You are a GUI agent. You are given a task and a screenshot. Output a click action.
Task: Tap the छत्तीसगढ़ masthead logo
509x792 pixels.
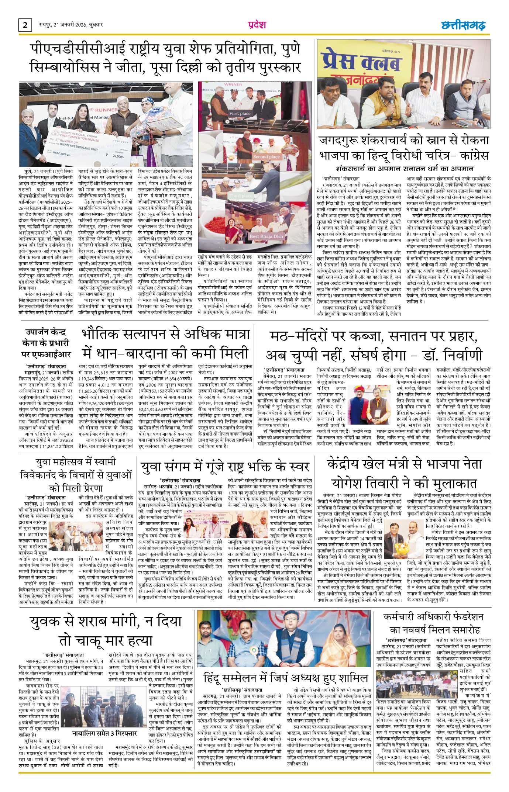pos(464,25)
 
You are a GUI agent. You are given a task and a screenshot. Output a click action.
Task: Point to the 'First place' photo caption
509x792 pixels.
pos(240,113)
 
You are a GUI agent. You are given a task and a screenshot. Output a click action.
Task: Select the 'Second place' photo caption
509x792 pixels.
pos(266,157)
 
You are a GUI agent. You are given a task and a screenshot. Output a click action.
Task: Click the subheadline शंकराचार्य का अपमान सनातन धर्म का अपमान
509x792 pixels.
pos(405,169)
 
